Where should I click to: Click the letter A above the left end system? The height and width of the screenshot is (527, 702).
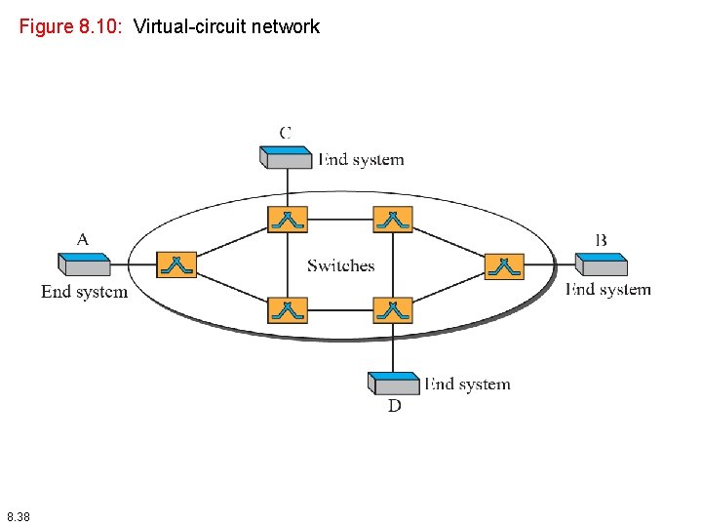point(83,239)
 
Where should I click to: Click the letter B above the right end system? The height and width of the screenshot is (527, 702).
point(601,239)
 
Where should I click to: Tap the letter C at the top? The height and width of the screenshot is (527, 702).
point(286,132)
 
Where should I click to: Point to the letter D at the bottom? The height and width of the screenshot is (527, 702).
point(394,405)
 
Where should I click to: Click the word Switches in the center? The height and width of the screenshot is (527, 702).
point(340,265)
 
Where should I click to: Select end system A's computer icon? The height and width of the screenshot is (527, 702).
point(84,263)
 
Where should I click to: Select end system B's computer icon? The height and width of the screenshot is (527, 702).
point(601,263)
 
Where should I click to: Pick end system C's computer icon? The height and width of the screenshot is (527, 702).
point(287,156)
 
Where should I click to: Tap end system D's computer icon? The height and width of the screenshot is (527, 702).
point(394,382)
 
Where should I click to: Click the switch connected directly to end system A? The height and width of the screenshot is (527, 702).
point(176,264)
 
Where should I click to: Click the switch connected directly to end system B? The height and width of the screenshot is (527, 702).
point(504,265)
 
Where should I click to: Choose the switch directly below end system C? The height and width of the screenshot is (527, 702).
point(288,219)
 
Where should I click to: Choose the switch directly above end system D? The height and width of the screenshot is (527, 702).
point(393,310)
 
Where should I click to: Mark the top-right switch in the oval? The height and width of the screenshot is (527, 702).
point(393,219)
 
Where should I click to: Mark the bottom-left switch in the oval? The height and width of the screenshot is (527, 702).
point(288,310)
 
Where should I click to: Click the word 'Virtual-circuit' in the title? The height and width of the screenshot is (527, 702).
point(189,26)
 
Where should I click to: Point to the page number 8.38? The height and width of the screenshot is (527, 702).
point(18,515)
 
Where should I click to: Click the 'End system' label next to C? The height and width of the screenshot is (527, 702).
point(361,159)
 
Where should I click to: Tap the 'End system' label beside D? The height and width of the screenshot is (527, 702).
point(467,384)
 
